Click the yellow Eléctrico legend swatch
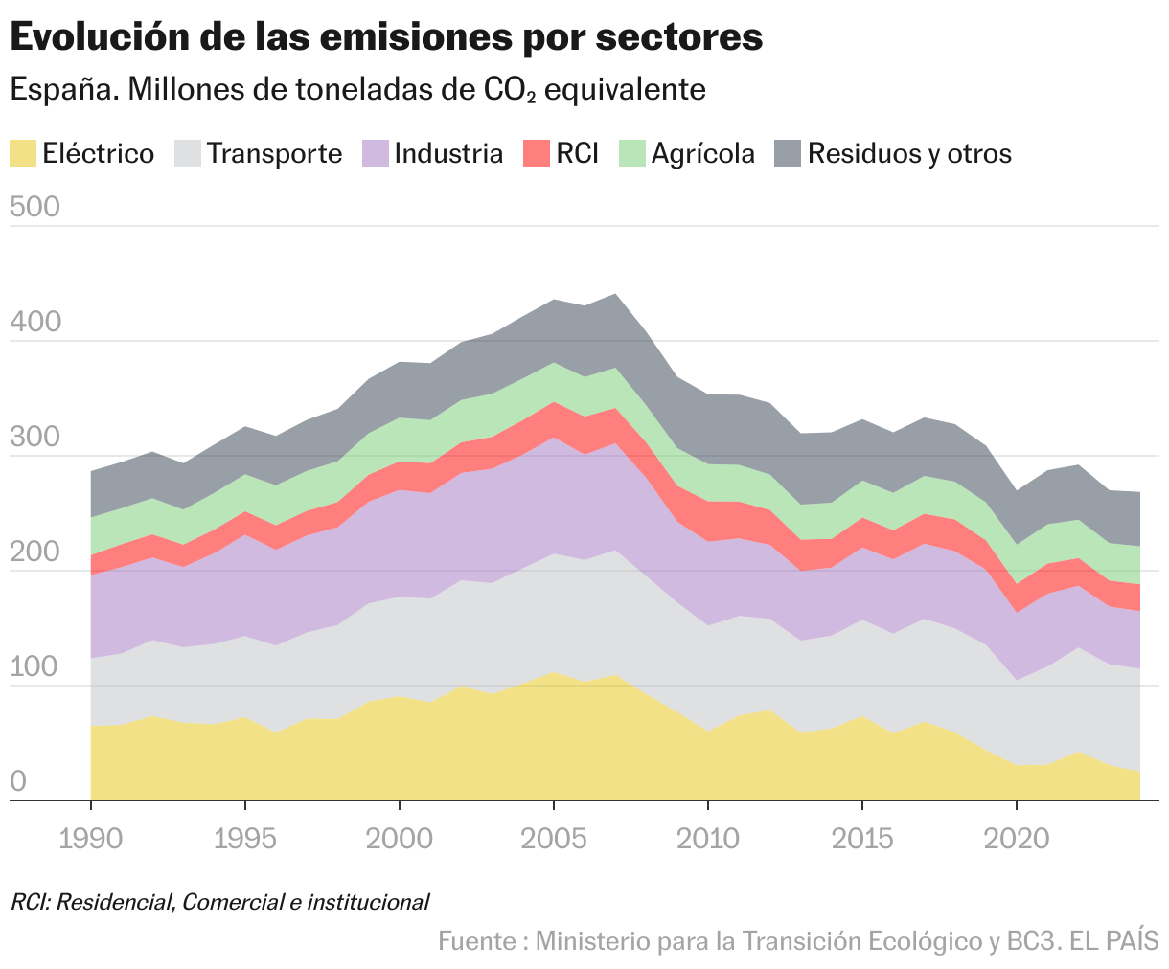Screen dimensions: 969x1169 (23, 153)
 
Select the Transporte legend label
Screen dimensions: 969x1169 (274, 153)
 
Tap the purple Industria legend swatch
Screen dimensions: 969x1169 (376, 153)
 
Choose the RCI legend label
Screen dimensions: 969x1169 (577, 153)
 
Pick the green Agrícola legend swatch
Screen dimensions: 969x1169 (632, 153)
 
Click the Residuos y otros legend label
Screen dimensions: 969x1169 (909, 153)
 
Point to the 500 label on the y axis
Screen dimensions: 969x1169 (34, 208)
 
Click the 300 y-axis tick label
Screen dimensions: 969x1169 (34, 439)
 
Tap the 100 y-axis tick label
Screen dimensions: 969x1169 (34, 668)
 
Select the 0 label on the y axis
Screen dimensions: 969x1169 (17, 783)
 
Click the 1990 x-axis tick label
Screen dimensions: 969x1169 (90, 839)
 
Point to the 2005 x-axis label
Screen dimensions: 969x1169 (553, 839)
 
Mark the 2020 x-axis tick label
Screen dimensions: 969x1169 (1016, 839)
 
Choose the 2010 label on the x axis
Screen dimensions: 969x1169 (707, 839)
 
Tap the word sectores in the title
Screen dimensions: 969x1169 (679, 37)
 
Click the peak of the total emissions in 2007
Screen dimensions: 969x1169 (614, 294)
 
